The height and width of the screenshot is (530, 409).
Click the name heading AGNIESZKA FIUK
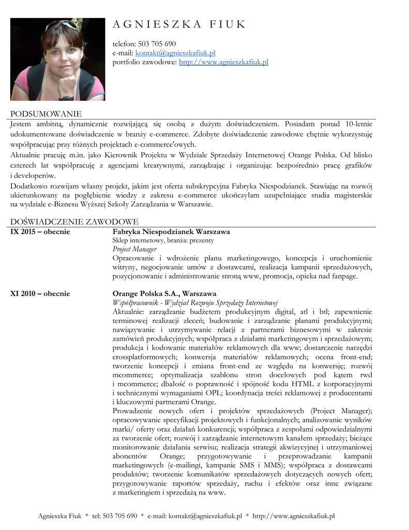point(179,24)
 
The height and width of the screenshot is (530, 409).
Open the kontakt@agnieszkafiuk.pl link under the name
point(175,53)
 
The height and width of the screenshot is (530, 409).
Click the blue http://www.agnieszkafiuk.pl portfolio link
point(223,62)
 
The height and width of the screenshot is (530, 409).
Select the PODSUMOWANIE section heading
point(47,114)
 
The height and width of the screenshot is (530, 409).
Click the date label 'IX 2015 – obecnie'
point(40,231)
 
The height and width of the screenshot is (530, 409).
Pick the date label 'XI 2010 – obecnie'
point(40,293)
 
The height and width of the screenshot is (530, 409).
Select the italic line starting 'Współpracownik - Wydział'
point(195,302)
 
